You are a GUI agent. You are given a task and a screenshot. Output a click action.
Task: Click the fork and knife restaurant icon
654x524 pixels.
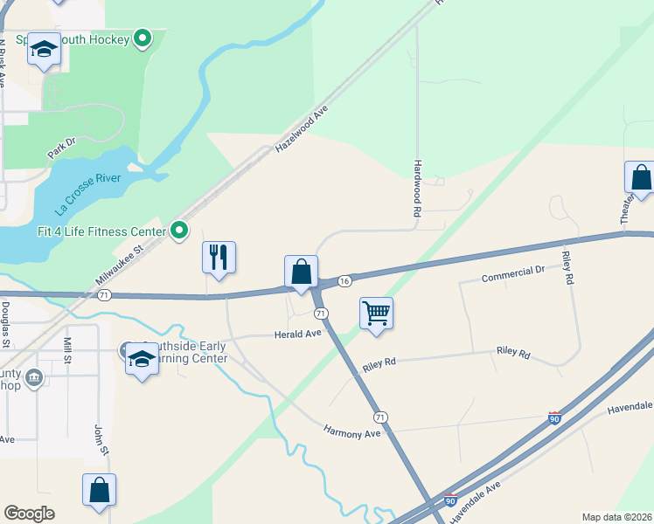pyautogui.click(x=219, y=258)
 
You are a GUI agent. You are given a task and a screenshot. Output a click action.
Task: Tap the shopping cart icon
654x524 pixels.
pyautogui.click(x=376, y=313)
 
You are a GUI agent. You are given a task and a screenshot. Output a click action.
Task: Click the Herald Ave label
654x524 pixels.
pyautogui.click(x=298, y=334)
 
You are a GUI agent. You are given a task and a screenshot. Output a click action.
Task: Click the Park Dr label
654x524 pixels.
pyautogui.click(x=62, y=148)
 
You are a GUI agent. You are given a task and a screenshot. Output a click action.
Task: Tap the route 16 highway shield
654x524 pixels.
pyautogui.click(x=345, y=280)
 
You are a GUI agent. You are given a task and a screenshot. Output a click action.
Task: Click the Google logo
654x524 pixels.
pyautogui.click(x=30, y=513)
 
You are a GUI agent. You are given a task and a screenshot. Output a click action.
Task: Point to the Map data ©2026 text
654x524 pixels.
pyautogui.click(x=617, y=517)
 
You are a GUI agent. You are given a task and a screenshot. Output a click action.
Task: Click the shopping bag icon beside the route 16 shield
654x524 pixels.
pyautogui.click(x=301, y=272)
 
